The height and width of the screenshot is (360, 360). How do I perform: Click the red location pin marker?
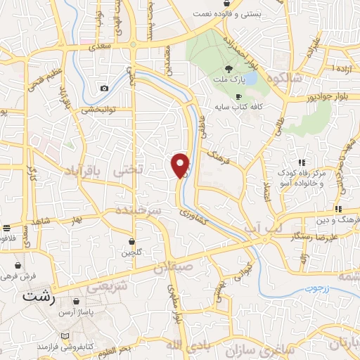tap(181, 165)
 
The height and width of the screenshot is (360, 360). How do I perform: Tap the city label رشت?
tap(39, 296)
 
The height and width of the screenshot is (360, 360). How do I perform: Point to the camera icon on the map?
tap(105, 88)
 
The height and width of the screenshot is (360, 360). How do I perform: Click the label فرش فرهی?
tap(28, 276)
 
